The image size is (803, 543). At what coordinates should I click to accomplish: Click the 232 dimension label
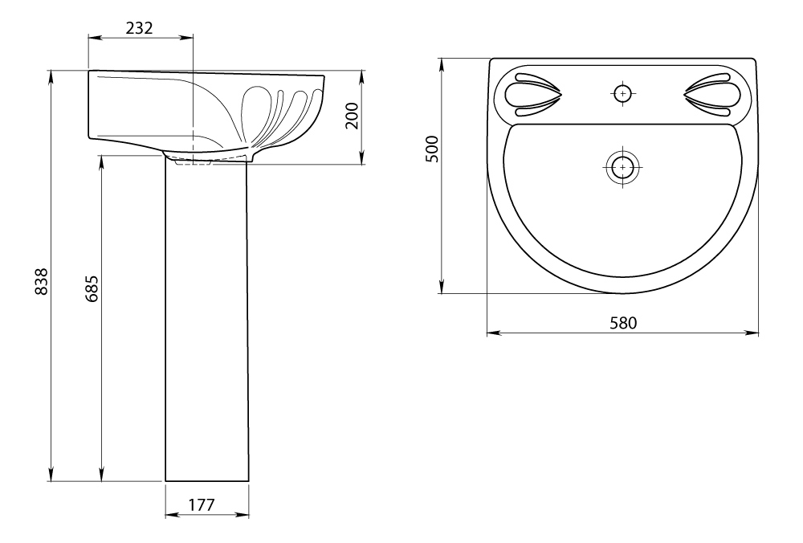[x=139, y=27]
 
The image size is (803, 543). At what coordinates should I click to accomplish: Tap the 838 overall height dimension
[x=40, y=281]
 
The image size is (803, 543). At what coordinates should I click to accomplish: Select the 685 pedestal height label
[x=92, y=288]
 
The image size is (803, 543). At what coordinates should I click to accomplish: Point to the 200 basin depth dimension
[x=352, y=116]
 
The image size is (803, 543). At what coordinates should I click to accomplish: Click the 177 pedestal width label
[x=202, y=505]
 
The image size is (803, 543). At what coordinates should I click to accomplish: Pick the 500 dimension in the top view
[x=433, y=149]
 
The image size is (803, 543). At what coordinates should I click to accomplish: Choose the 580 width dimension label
[x=623, y=323]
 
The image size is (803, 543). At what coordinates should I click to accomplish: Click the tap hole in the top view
[x=623, y=93]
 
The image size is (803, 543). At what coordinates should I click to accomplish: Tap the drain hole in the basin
[x=623, y=167]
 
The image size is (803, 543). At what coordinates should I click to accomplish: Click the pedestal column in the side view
[x=207, y=320]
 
